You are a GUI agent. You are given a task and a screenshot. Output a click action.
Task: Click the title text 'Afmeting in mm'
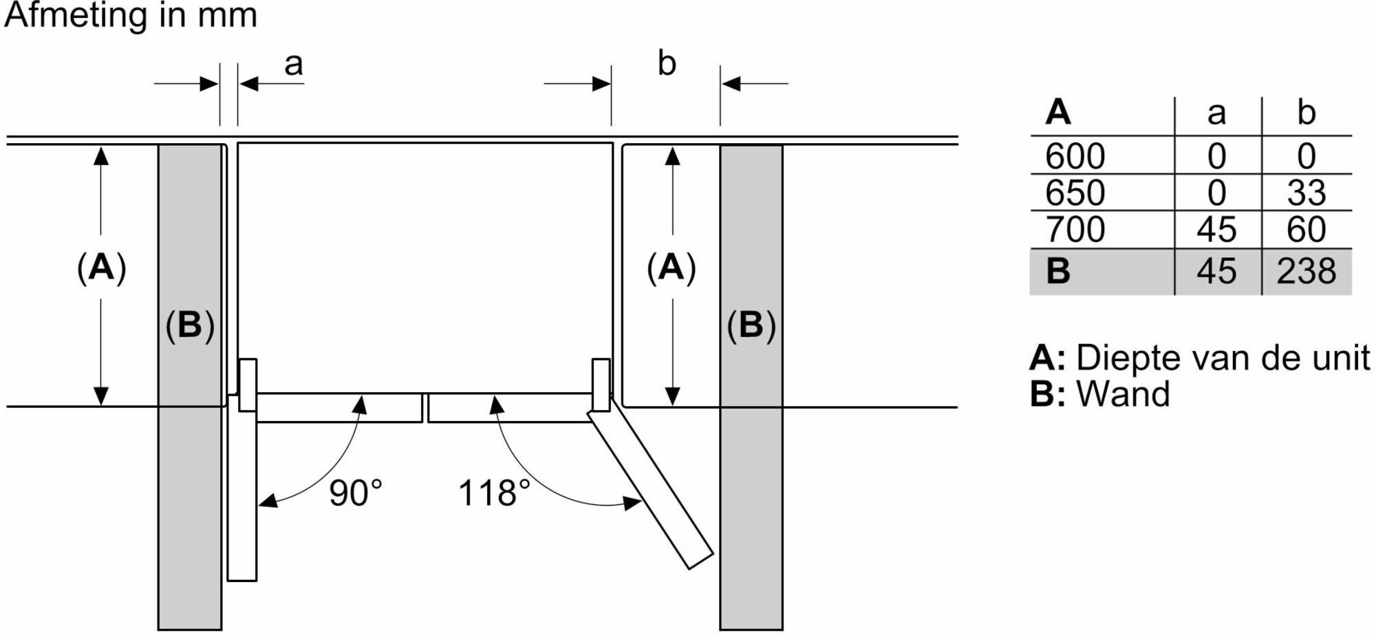[131, 15]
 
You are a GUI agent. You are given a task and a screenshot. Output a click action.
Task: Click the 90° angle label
[355, 493]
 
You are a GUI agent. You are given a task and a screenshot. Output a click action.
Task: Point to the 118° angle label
[494, 493]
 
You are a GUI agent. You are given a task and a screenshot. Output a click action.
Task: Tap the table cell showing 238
[1306, 270]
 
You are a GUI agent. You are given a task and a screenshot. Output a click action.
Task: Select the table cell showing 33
[1306, 193]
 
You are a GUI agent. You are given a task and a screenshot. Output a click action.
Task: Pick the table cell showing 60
[1306, 229]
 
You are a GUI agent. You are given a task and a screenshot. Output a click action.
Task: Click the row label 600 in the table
[1075, 156]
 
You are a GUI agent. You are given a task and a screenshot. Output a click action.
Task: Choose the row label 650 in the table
[1075, 193]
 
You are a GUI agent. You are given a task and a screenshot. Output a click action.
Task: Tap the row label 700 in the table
[1075, 229]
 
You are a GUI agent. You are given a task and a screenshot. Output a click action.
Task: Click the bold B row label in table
[1058, 270]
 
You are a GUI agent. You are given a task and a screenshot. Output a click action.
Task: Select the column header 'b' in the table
[1306, 112]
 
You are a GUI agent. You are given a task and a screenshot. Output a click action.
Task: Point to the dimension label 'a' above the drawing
[294, 65]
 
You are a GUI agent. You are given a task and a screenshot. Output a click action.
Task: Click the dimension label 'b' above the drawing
[667, 63]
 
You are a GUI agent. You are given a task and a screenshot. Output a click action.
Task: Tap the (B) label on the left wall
[190, 325]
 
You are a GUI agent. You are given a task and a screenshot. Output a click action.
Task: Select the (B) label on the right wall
[751, 325]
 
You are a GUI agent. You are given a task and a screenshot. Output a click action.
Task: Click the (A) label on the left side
[102, 267]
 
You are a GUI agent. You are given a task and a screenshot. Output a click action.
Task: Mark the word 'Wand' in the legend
[1123, 394]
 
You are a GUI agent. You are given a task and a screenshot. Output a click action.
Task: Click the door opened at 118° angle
[650, 489]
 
